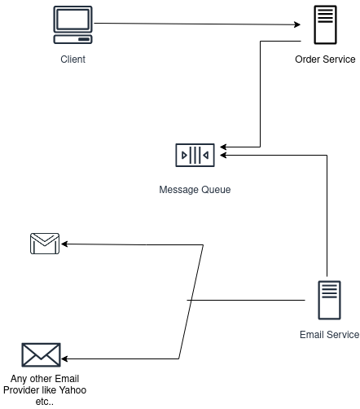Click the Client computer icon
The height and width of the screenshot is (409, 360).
point(72,24)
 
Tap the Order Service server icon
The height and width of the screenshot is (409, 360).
point(325,24)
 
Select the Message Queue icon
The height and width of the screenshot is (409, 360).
point(195,155)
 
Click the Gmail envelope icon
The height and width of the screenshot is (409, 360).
point(45,244)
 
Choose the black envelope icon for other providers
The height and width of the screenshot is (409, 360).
point(42,355)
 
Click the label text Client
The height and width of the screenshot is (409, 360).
point(72,59)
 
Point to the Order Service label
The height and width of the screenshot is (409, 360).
point(326,59)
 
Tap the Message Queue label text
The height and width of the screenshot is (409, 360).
point(195,190)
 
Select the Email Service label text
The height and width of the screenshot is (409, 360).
point(329,335)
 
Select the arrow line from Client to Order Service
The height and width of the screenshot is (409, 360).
point(195,24)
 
